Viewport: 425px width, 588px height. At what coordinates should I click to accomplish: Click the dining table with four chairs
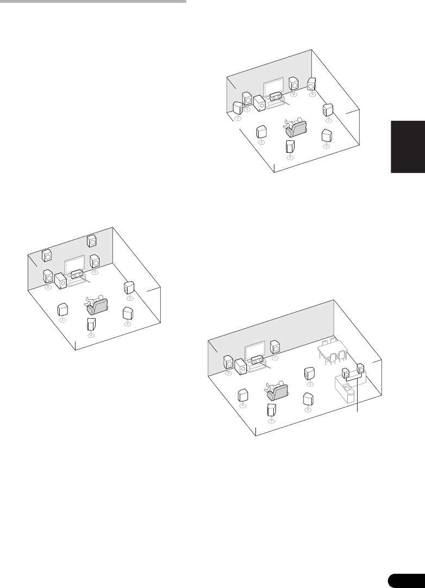tap(332, 350)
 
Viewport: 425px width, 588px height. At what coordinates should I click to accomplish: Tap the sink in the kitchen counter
tap(345, 387)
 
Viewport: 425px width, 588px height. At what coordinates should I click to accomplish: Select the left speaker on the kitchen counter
tap(345, 374)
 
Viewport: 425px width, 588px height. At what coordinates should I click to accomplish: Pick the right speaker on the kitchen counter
tap(360, 374)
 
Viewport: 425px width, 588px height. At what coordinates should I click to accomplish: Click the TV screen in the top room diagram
tap(273, 87)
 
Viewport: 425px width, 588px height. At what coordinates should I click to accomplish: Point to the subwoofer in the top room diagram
tap(259, 104)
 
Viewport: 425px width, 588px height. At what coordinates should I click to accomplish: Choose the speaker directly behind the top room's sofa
tap(290, 146)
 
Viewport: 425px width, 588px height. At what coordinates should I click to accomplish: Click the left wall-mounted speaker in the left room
tap(47, 254)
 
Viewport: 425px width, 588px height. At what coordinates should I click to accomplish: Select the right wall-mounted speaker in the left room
tap(91, 240)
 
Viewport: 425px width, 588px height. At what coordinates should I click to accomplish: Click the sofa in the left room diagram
tap(97, 306)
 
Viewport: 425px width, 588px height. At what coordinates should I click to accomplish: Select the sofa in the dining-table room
tap(277, 391)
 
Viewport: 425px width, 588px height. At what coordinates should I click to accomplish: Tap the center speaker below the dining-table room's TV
tap(257, 360)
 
